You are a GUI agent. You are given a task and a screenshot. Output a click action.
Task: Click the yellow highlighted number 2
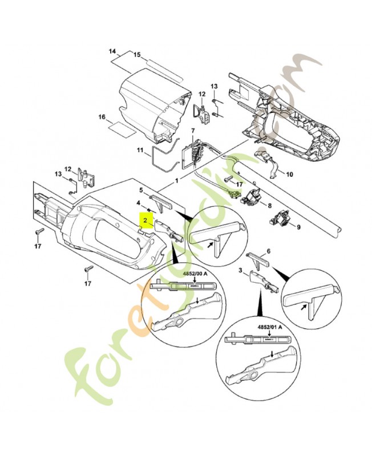[145, 219]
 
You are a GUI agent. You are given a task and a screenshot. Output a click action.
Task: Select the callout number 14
[112, 52]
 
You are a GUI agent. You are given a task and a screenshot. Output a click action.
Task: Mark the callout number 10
[289, 174]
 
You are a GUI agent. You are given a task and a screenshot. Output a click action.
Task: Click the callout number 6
[269, 251]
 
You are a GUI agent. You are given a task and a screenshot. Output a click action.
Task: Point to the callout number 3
[241, 270]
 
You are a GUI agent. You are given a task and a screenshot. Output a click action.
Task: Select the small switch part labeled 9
[280, 217]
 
